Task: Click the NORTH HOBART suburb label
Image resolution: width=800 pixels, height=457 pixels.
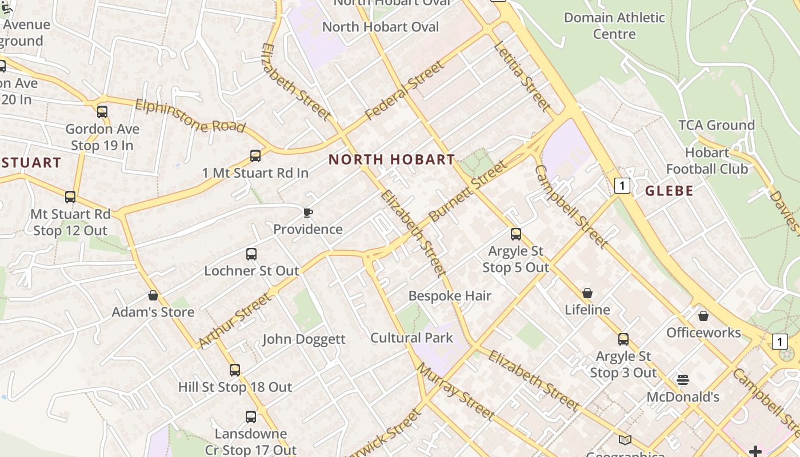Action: click(x=392, y=160)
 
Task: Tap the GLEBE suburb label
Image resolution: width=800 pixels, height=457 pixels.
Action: click(x=669, y=191)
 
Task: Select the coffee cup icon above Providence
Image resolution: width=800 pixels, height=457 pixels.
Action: click(x=308, y=213)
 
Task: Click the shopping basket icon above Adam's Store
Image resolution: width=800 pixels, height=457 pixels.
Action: click(x=153, y=295)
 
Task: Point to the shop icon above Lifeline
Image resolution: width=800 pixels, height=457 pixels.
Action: click(x=587, y=293)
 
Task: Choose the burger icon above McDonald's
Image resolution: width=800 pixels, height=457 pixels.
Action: click(x=683, y=380)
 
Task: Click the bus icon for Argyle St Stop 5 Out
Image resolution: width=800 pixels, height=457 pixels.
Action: click(x=516, y=234)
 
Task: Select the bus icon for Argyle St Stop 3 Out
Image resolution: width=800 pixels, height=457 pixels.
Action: click(x=623, y=339)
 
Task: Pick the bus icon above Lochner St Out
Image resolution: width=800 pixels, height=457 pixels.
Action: click(x=251, y=254)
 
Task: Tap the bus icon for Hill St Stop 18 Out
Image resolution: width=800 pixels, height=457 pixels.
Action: click(x=235, y=370)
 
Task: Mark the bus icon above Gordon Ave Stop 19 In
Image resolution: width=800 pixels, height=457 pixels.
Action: click(x=102, y=112)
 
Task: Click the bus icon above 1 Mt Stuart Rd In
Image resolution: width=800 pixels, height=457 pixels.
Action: click(x=255, y=156)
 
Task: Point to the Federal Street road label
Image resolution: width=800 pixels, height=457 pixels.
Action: click(x=404, y=91)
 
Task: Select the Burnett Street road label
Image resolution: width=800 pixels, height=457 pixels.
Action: click(x=467, y=191)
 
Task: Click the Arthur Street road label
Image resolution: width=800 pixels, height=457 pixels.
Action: click(x=234, y=320)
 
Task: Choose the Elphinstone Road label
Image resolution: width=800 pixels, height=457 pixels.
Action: click(x=190, y=116)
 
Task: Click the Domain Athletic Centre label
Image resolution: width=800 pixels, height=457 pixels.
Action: click(x=614, y=26)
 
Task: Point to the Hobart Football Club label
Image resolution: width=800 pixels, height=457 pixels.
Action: click(x=707, y=161)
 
